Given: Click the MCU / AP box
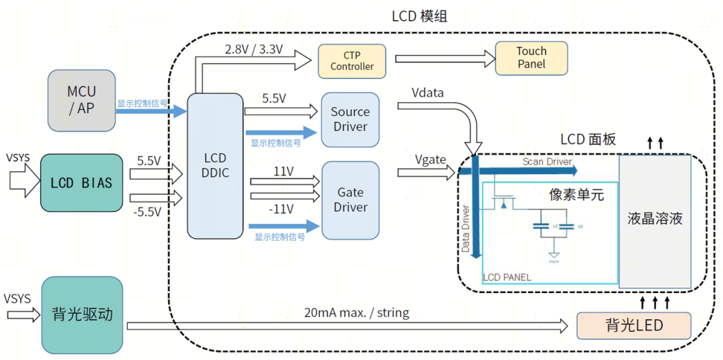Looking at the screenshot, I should pos(82,100).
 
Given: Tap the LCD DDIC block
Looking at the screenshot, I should pos(215,166).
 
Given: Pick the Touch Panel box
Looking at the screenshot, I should pos(531,58).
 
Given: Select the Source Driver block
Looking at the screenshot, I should pos(350,120).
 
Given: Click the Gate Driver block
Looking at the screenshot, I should pos(350,200).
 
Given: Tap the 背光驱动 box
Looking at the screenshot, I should pos(82,314).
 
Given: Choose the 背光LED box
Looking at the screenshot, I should pos(633,326).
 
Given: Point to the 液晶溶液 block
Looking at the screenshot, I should pos(655,219).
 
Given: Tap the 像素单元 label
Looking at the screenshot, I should pos(576,195).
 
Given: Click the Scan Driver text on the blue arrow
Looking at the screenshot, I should pos(547,162).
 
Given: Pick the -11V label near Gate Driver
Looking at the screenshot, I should pos(280,209).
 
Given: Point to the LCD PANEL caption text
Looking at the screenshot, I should pos(507,277).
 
